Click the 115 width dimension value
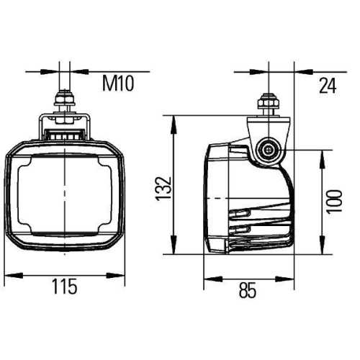pyautogui.click(x=65, y=287)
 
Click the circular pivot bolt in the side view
pyautogui.click(x=270, y=150)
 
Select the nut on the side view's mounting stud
pyautogui.click(x=269, y=107)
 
